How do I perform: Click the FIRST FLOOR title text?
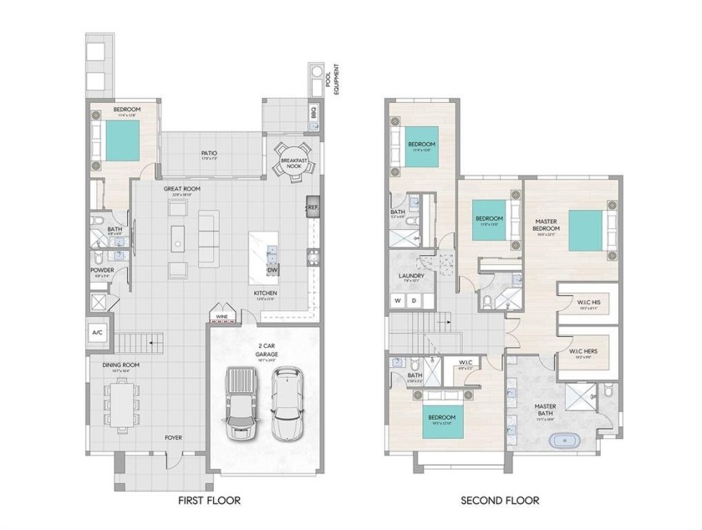[209, 501]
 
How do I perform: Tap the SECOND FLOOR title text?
[500, 501]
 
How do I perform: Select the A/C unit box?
[97, 332]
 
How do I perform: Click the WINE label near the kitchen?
[221, 317]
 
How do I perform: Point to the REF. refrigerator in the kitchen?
[313, 206]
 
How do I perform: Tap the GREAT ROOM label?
[182, 190]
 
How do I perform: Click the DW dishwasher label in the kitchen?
[272, 269]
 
